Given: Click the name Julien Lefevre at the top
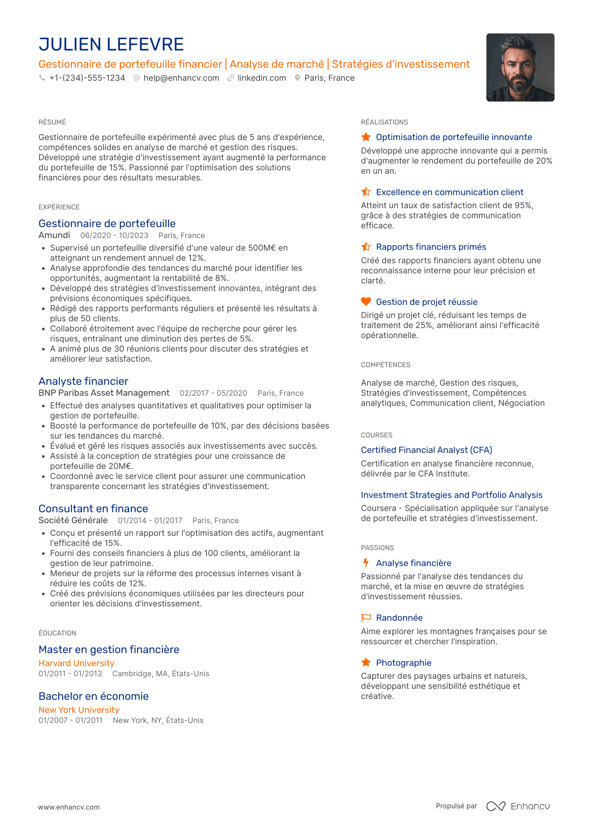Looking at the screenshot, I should [111, 45].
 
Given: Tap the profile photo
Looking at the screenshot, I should [520, 67].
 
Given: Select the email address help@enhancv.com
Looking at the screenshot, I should [181, 78].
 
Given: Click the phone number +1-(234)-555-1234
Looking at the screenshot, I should [87, 78].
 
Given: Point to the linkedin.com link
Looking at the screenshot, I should [262, 78].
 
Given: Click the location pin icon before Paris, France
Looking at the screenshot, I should [297, 78].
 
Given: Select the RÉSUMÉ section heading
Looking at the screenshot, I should [52, 122].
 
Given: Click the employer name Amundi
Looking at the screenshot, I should [54, 236].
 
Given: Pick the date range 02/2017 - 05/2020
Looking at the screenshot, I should [213, 393].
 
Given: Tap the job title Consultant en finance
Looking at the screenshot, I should [93, 508].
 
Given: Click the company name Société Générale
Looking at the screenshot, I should [73, 521].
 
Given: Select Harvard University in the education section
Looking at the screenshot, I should [77, 663].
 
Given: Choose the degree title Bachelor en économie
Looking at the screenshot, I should [93, 696].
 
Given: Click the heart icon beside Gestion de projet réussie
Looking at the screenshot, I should [366, 302].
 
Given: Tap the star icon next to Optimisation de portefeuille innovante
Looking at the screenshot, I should [366, 137].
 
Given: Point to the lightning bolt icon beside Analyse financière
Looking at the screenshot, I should [366, 563].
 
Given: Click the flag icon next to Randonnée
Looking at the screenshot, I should [366, 618].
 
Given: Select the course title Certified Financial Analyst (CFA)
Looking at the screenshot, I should [426, 450].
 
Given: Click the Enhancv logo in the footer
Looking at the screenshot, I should [518, 806].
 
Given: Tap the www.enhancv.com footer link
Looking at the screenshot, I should [69, 807].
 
